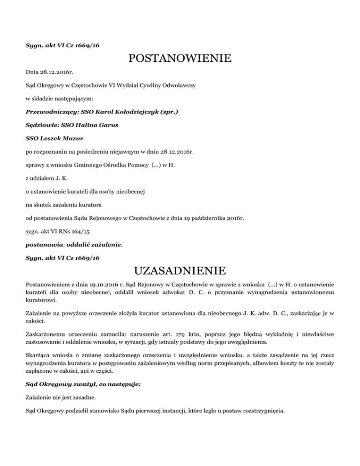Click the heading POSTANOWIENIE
coord(180,59)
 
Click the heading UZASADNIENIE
coord(180,271)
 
